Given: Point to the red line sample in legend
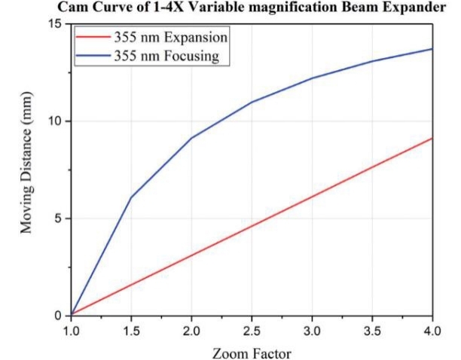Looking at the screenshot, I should pyautogui.click(x=93, y=37).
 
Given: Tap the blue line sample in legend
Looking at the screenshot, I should pyautogui.click(x=93, y=56).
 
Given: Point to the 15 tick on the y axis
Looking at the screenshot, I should pyautogui.click(x=56, y=24).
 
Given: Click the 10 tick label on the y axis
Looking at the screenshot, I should pyautogui.click(x=56, y=121).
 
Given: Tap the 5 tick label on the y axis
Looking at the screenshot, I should pyautogui.click(x=60, y=218).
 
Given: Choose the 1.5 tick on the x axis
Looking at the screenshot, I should pyautogui.click(x=131, y=329).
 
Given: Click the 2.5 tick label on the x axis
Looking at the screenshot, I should pyautogui.click(x=252, y=329).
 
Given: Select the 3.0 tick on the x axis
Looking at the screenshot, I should pyautogui.click(x=312, y=329).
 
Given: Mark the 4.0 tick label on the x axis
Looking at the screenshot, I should pyautogui.click(x=432, y=329).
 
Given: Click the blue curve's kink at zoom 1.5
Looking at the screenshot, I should pyautogui.click(x=131, y=197).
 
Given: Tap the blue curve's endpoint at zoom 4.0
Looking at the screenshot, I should pyautogui.click(x=432, y=49).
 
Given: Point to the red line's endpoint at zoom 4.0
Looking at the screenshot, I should pyautogui.click(x=432, y=138).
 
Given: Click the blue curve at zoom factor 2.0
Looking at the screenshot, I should pyautogui.click(x=191, y=138).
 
